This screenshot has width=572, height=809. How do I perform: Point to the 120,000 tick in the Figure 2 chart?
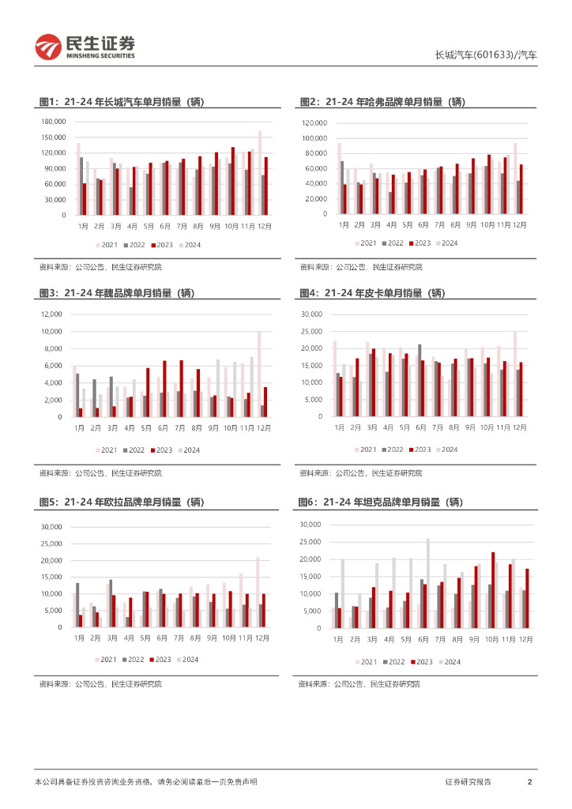(314, 123)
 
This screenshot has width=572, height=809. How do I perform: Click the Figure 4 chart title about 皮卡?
(373, 293)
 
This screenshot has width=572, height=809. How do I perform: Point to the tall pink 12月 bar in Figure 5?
(258, 592)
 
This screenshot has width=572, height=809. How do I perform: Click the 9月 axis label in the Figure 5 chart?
(213, 638)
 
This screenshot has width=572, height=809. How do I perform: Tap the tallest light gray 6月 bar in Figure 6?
(428, 583)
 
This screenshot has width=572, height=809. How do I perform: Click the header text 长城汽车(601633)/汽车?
(486, 55)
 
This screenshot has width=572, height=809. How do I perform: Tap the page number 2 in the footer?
(529, 781)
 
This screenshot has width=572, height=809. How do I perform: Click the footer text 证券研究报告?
(468, 781)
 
